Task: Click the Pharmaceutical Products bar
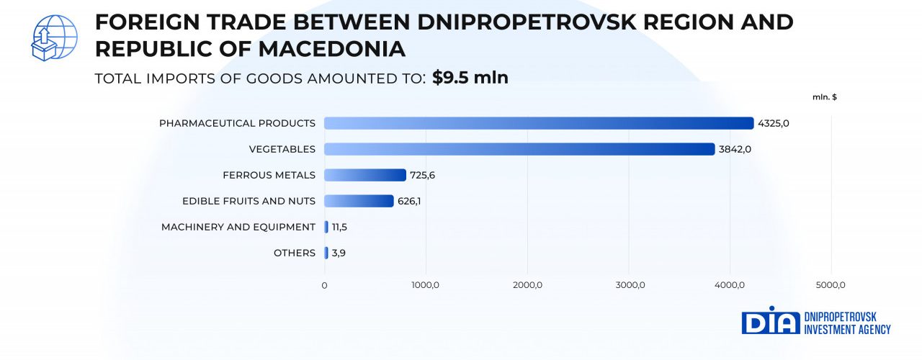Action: pyautogui.click(x=539, y=123)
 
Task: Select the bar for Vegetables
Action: pyautogui.click(x=519, y=149)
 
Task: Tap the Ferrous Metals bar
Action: pyautogui.click(x=365, y=175)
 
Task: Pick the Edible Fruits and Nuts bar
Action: pyautogui.click(x=359, y=201)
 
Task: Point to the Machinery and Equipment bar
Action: pyautogui.click(x=326, y=227)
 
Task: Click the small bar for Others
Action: pyautogui.click(x=326, y=253)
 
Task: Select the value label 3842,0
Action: pyautogui.click(x=735, y=149)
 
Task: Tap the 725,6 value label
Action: pyautogui.click(x=424, y=175)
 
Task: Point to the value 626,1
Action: pyautogui.click(x=409, y=201)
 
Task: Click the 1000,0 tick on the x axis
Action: pyautogui.click(x=425, y=286)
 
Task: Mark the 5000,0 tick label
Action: pyautogui.click(x=831, y=286)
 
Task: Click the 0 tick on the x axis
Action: pyautogui.click(x=324, y=286)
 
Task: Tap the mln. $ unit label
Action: pyautogui.click(x=824, y=96)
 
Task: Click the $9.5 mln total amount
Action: pyautogui.click(x=470, y=78)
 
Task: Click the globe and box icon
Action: pyautogui.click(x=54, y=37)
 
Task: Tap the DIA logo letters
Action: pyautogui.click(x=770, y=322)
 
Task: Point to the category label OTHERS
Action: pyautogui.click(x=294, y=253)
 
